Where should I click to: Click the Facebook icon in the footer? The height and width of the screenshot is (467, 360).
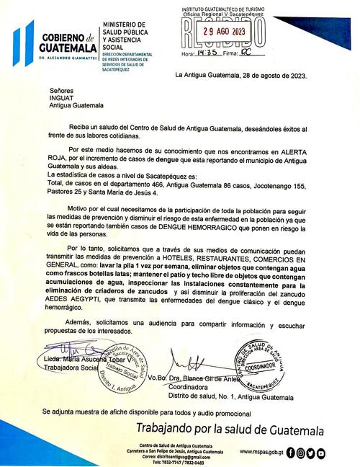click(290, 453)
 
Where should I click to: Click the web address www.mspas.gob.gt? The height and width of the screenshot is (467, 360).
click(261, 453)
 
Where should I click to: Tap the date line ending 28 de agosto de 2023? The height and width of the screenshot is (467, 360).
click(241, 75)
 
